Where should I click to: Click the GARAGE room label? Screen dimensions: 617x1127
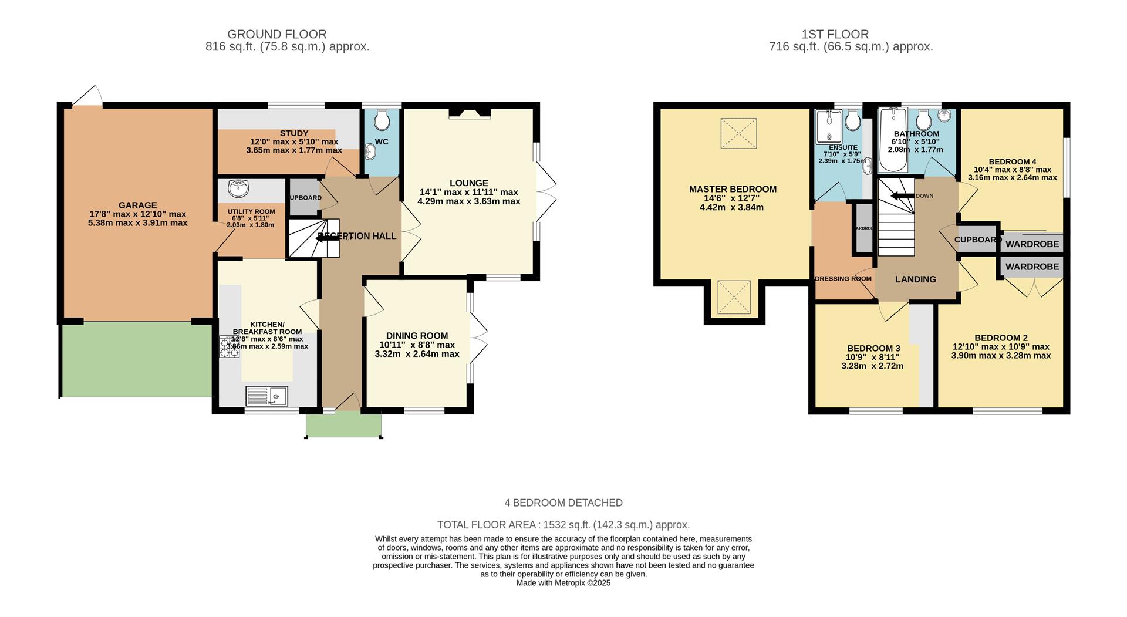(x=137, y=205)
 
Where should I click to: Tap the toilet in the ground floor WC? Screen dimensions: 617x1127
(x=382, y=120)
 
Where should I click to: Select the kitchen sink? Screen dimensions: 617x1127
(x=267, y=396)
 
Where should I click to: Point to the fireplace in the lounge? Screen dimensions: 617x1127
(x=470, y=114)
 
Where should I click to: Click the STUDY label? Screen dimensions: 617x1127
(x=294, y=133)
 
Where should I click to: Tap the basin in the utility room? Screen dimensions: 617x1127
(x=239, y=189)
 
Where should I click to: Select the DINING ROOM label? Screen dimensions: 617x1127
(x=417, y=336)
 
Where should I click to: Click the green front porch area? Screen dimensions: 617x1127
(x=344, y=424)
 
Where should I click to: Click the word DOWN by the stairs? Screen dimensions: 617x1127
(x=924, y=196)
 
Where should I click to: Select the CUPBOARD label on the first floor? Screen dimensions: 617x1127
(x=977, y=240)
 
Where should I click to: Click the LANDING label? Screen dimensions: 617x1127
(x=915, y=279)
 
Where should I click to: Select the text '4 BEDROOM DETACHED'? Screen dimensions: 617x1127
(x=563, y=503)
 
